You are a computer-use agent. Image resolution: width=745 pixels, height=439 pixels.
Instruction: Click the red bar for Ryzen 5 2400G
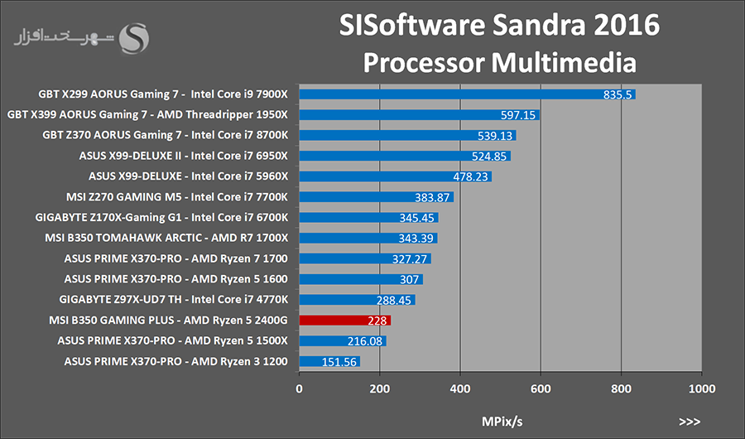tap(344, 320)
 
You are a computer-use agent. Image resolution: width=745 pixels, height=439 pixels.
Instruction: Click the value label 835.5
tap(618, 94)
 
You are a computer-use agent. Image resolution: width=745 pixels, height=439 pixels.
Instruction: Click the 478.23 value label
tap(469, 176)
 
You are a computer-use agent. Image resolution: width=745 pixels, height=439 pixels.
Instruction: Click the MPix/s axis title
tap(502, 422)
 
